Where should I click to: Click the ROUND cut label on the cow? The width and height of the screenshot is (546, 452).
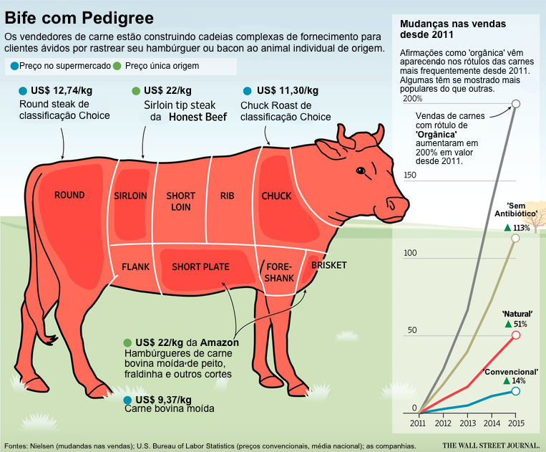(69, 195)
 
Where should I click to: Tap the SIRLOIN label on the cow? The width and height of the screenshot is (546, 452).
(130, 196)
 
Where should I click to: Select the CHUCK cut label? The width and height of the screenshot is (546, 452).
(276, 196)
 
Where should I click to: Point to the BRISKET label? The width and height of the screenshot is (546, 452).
(328, 265)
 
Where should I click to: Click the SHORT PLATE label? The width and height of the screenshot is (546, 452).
(200, 267)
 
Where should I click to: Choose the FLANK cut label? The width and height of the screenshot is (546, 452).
(135, 267)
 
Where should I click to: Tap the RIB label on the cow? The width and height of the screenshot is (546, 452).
(228, 196)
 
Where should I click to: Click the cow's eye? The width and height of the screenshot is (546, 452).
(360, 170)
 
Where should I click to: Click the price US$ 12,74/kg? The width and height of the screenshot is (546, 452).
(62, 91)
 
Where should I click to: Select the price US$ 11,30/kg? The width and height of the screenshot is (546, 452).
(287, 90)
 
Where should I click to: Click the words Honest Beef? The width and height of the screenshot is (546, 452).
(198, 117)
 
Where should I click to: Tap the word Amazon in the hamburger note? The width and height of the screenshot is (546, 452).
(219, 342)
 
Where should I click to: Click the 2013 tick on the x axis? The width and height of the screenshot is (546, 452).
(468, 423)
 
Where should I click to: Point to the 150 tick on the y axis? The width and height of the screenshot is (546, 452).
(410, 175)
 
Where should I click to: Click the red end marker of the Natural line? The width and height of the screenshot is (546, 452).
(516, 335)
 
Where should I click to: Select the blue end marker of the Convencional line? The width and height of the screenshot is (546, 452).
(516, 391)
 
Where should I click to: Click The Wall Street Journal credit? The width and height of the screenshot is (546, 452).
(489, 445)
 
